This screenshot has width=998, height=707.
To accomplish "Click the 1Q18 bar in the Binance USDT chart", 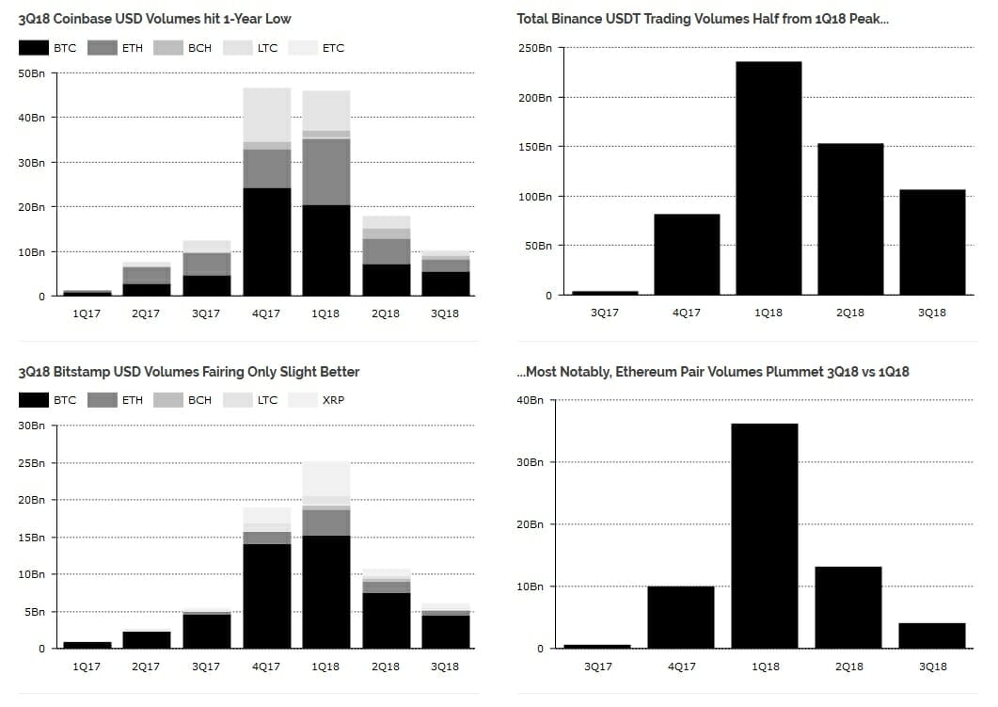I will coord(768,179).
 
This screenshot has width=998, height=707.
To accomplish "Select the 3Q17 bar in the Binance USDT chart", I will coord(604,293).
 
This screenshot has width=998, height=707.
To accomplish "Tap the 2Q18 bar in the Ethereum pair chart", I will coord(848,607).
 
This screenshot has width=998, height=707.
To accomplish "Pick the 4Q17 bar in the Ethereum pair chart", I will coord(680,618).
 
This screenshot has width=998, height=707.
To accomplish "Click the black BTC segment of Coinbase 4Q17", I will coord(266,242).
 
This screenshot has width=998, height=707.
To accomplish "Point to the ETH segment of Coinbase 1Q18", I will coord(325,171).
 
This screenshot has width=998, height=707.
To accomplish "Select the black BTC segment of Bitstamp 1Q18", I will coord(325,591).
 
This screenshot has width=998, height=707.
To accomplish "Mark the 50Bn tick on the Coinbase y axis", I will coord(31,72).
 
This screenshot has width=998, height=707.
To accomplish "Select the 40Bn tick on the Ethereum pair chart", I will coord(531,400).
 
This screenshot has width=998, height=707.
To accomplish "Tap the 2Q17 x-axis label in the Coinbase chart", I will coord(146,313).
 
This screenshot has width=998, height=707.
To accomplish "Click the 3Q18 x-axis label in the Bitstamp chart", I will coord(444,667).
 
